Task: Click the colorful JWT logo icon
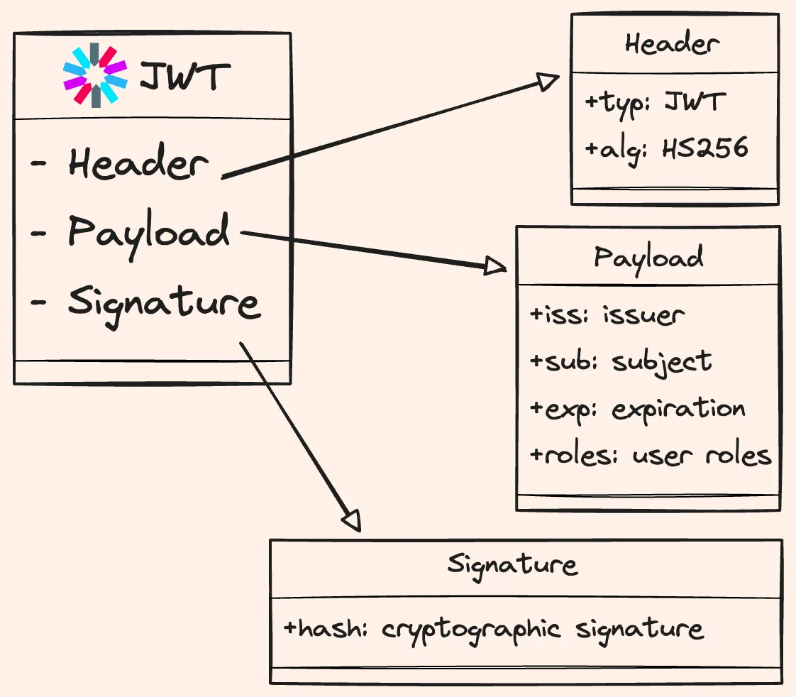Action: [x=94, y=75]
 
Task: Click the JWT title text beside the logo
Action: [x=184, y=76]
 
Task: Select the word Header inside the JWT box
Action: [x=138, y=164]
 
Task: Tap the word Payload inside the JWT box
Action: [x=149, y=232]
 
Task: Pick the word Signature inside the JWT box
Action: [x=164, y=303]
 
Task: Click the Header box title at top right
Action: [x=672, y=45]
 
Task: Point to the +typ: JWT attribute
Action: [x=653, y=102]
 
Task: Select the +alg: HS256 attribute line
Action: [x=666, y=148]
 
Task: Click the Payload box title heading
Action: [x=648, y=257]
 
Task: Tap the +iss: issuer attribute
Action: [x=607, y=314]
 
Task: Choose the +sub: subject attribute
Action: [x=621, y=361]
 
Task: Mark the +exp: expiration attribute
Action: [x=637, y=410]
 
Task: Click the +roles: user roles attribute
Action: [x=651, y=455]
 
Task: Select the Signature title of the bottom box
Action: [x=512, y=565]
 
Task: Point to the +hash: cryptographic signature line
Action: [x=493, y=629]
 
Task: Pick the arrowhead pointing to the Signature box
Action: [x=352, y=520]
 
